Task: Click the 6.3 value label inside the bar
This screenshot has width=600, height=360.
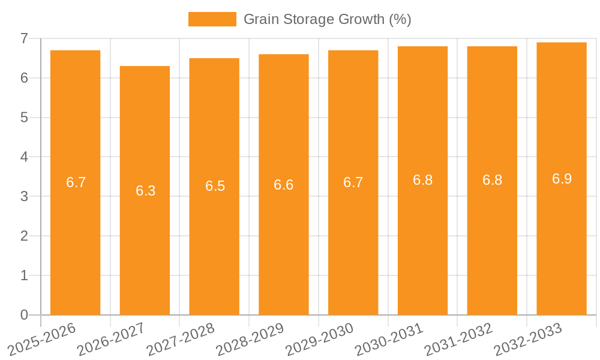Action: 145,191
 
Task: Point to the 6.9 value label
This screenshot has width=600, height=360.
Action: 562,179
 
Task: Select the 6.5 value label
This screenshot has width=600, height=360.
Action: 215,186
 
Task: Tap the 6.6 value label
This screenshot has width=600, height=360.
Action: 283,185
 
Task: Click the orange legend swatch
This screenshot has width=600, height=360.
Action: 212,19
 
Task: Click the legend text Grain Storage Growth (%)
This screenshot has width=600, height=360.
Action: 327,19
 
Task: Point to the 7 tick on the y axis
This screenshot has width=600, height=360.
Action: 24,38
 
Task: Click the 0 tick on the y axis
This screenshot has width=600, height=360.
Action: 24,315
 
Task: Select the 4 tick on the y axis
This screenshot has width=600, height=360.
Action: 24,157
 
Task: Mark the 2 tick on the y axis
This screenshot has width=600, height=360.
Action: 24,236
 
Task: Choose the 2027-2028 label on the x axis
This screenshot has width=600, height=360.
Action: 181,340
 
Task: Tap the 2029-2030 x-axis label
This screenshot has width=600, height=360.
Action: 320,340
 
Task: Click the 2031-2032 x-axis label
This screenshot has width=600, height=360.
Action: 459,340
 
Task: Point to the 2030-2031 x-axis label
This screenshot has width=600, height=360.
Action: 389,340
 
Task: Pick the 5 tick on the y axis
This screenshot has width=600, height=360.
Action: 24,118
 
